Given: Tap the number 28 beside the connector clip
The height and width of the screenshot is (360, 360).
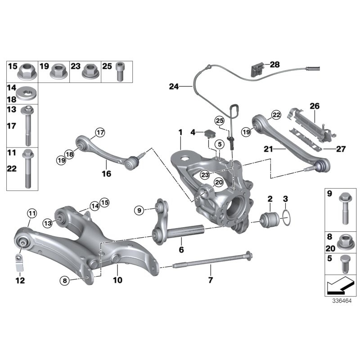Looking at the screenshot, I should coord(274,65).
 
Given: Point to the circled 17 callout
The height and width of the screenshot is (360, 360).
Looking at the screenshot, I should coord(99,132).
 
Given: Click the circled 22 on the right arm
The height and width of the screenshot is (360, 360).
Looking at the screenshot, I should coord(276,115).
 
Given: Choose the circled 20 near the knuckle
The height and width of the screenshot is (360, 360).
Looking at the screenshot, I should coord(206,182).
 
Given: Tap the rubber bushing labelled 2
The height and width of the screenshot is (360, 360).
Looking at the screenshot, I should coord(271,219).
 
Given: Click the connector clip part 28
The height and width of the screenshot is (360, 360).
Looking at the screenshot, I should coord(256,69).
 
